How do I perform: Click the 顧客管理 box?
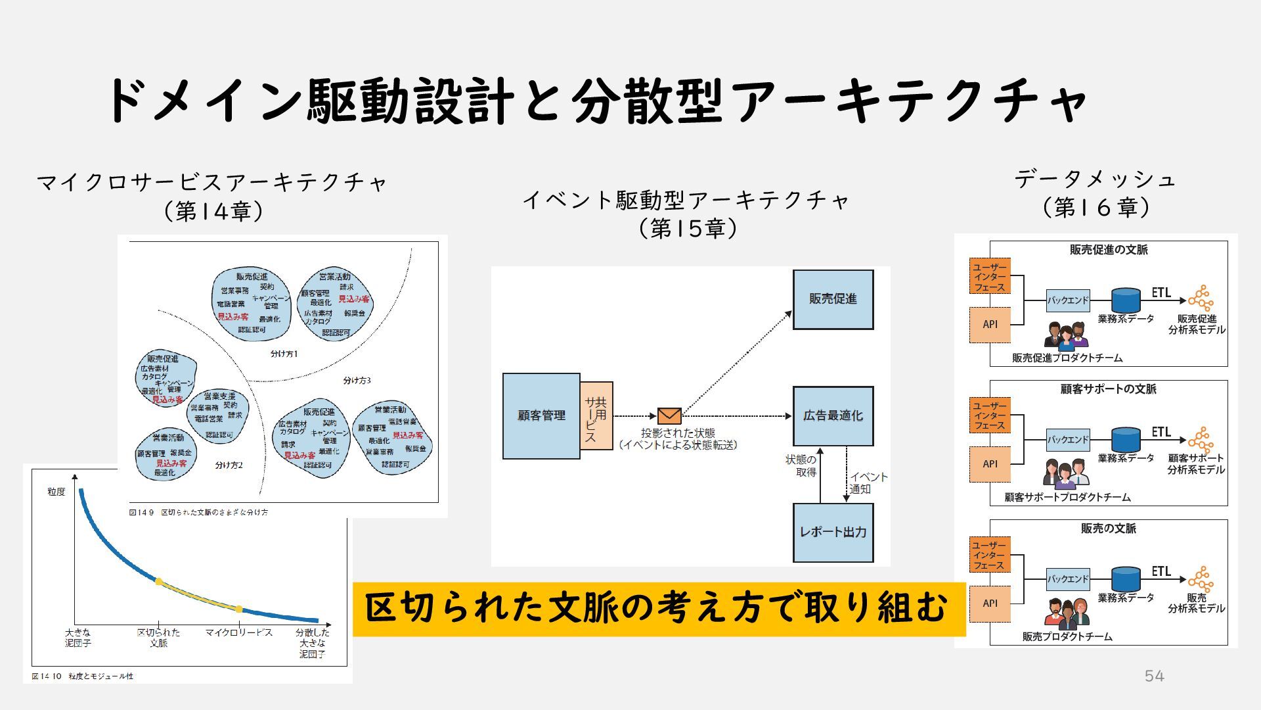pos(541,415)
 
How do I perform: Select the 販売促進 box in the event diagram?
pos(833,299)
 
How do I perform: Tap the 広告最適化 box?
pos(833,415)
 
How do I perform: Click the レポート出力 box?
pos(833,532)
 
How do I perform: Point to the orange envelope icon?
pos(669,416)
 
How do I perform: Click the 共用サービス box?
pos(596,415)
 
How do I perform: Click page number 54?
pos(1154,676)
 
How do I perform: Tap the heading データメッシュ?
pos(1095,179)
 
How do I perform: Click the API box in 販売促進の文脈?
pos(990,325)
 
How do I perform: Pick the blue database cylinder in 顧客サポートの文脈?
pos(1126,439)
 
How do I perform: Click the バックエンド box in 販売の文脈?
pos(1068,579)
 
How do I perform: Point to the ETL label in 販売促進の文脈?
pos(1161,293)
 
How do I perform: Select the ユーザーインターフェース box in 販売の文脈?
pos(989,555)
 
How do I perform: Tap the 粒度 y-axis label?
pos(56,492)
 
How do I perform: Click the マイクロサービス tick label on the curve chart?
pos(238,632)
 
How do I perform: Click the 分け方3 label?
pos(357,381)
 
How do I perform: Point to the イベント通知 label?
pos(868,483)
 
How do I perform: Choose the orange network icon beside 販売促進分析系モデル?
pos(1201,298)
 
